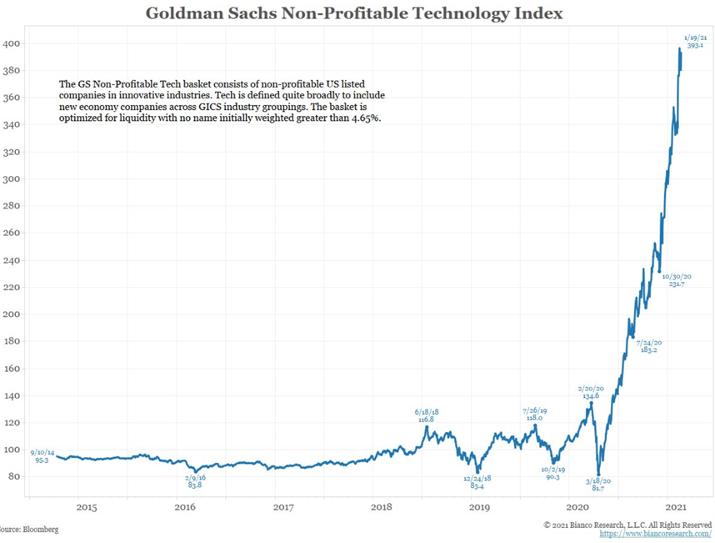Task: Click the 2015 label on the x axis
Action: point(87,507)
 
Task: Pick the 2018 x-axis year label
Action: point(381,507)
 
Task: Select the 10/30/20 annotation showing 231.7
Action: point(676,280)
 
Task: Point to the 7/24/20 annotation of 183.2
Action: point(650,347)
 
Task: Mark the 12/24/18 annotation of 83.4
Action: point(478,482)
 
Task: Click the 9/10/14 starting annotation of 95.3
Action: point(41,455)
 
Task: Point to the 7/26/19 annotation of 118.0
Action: point(533,415)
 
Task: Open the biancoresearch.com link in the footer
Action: point(655,534)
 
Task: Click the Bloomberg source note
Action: point(29,529)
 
